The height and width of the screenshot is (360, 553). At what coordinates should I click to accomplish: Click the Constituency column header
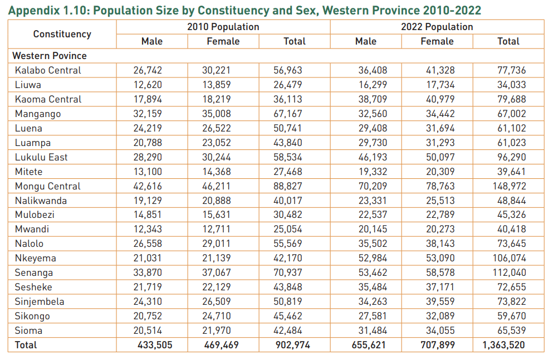pyautogui.click(x=62, y=34)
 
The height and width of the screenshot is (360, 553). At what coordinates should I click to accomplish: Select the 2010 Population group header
pyautogui.click(x=223, y=27)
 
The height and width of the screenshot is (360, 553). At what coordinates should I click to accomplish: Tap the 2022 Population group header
pyautogui.click(x=437, y=27)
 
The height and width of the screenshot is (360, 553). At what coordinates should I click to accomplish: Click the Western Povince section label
pyautogui.click(x=50, y=56)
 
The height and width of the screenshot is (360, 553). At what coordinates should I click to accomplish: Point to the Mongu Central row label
pyautogui.click(x=48, y=186)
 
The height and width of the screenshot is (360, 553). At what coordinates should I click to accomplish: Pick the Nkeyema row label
pyautogui.click(x=36, y=258)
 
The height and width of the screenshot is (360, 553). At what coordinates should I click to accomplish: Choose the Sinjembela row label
pyautogui.click(x=40, y=301)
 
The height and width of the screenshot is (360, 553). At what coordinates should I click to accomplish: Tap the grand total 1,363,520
pyautogui.click(x=503, y=345)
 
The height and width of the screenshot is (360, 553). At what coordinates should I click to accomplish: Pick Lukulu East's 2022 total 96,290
pyautogui.click(x=511, y=157)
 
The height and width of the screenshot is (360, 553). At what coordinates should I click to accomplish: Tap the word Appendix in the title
pyautogui.click(x=34, y=9)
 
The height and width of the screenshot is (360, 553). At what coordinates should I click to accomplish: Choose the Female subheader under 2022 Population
pyautogui.click(x=437, y=41)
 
